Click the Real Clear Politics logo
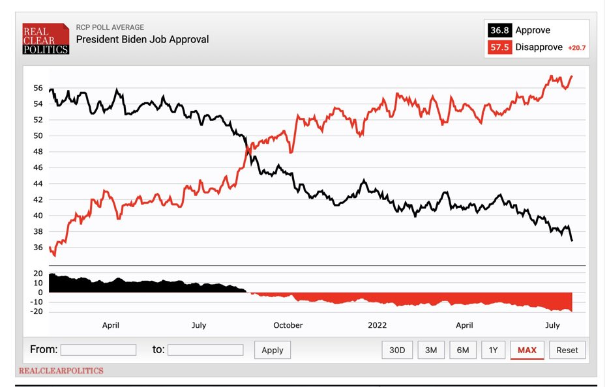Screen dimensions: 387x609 [x=46, y=38]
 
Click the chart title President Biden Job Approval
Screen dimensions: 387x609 [x=142, y=39]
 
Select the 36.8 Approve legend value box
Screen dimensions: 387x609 [x=500, y=30]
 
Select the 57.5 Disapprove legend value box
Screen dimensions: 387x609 [x=500, y=48]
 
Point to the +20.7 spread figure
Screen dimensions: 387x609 [x=576, y=48]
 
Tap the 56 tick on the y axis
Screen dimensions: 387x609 [x=38, y=88]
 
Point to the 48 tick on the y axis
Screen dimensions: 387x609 [x=38, y=152]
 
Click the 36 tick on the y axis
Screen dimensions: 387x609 [x=38, y=248]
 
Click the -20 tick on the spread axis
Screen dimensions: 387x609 [x=37, y=311]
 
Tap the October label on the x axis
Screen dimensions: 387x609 [x=288, y=325]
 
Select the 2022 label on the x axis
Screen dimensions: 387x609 [x=378, y=325]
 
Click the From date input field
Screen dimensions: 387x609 [x=98, y=350]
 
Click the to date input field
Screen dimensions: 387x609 [x=205, y=350]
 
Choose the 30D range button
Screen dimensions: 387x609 [x=397, y=350]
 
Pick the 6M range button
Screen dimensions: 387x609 [x=463, y=350]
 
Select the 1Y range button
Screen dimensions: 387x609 [x=493, y=350]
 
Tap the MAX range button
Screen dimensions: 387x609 [x=527, y=350]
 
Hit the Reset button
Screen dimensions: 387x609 [x=567, y=350]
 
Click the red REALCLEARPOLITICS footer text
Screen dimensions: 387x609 [x=61, y=371]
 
